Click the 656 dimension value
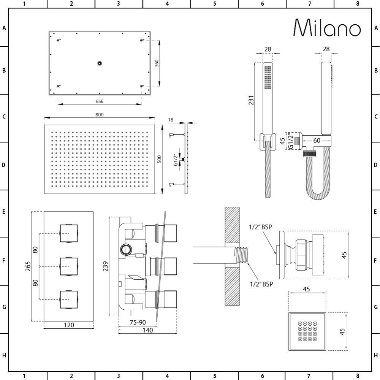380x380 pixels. [x=99, y=101]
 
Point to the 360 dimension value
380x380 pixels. [x=157, y=63]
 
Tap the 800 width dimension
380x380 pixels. [x=99, y=115]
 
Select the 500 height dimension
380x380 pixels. [x=159, y=159]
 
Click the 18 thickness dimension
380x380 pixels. [x=171, y=120]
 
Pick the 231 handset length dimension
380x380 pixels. [x=251, y=100]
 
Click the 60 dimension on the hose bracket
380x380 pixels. [x=317, y=141]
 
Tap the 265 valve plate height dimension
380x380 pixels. [x=28, y=266]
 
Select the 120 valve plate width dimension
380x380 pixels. [x=69, y=325]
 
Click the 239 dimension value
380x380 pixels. [x=105, y=266]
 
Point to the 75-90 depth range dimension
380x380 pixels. [x=138, y=322]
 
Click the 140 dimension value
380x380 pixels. [x=147, y=330]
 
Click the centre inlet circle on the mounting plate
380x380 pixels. [x=100, y=63]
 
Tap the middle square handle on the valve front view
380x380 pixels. [x=69, y=267]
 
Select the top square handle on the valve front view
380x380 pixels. [x=69, y=233]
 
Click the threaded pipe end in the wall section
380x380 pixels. [x=241, y=255]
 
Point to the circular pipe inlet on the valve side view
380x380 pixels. [x=126, y=249]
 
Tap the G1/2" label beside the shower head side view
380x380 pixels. [x=176, y=160]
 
